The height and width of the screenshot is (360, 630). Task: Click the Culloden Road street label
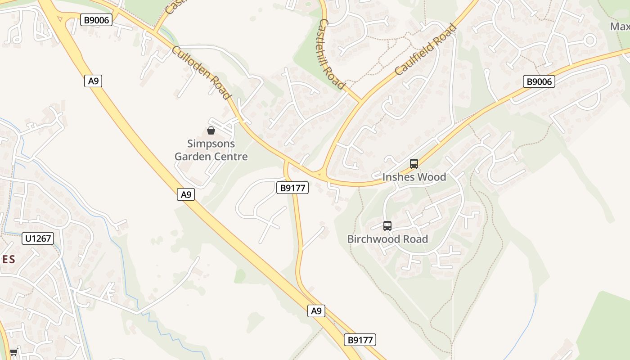tap(201, 72)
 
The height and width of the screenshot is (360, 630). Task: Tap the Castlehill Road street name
tap(332, 54)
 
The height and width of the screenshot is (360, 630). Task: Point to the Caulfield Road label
tap(425, 49)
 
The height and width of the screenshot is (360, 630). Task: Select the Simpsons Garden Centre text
tap(211, 150)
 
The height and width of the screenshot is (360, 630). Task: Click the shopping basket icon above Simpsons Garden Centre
tap(211, 131)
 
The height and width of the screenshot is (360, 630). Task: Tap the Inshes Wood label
tap(414, 177)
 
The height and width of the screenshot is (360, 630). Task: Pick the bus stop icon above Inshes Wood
tap(414, 164)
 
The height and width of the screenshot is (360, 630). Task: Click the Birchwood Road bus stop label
tap(387, 239)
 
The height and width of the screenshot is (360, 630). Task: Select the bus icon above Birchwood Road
tap(387, 226)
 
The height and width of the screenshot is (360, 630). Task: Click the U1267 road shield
tap(38, 238)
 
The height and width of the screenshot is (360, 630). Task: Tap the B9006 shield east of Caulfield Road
tap(539, 81)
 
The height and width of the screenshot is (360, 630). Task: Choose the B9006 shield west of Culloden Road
tap(96, 19)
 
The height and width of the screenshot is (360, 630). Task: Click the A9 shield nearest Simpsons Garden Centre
tap(186, 194)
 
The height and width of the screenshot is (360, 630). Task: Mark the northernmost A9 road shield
tap(93, 81)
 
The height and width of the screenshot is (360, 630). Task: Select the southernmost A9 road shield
tap(316, 310)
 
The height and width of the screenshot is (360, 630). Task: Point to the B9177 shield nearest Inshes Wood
tap(292, 188)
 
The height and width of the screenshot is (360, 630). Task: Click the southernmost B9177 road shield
tap(360, 340)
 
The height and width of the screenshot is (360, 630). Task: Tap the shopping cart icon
tap(13, 352)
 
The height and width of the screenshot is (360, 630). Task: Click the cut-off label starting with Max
tap(620, 26)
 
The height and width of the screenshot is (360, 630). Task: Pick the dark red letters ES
tap(8, 259)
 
